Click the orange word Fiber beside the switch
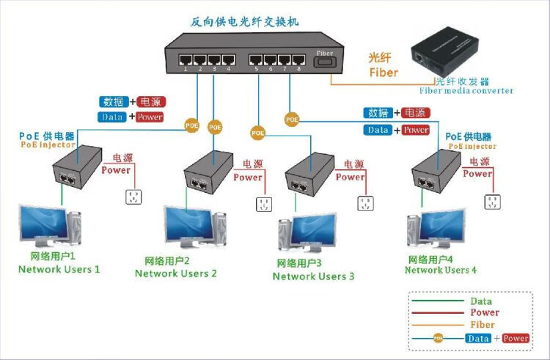tap(384, 73)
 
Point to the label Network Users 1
tap(59, 269)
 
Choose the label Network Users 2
tap(176, 273)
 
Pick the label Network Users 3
tap(313, 276)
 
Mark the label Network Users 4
tap(441, 270)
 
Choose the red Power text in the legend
tap(485, 313)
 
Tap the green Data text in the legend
tap(481, 301)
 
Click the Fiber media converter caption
tap(466, 91)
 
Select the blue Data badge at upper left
tap(112, 117)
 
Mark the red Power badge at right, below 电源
tap(416, 130)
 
